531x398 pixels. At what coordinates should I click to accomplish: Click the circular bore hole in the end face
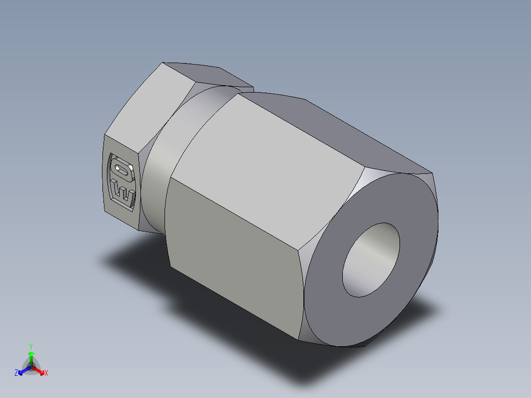click(x=370, y=260)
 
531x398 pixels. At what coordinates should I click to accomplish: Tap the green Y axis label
click(x=31, y=346)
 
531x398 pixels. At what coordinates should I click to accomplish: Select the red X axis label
click(x=46, y=373)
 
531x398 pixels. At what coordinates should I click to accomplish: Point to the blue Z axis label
click(x=16, y=373)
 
